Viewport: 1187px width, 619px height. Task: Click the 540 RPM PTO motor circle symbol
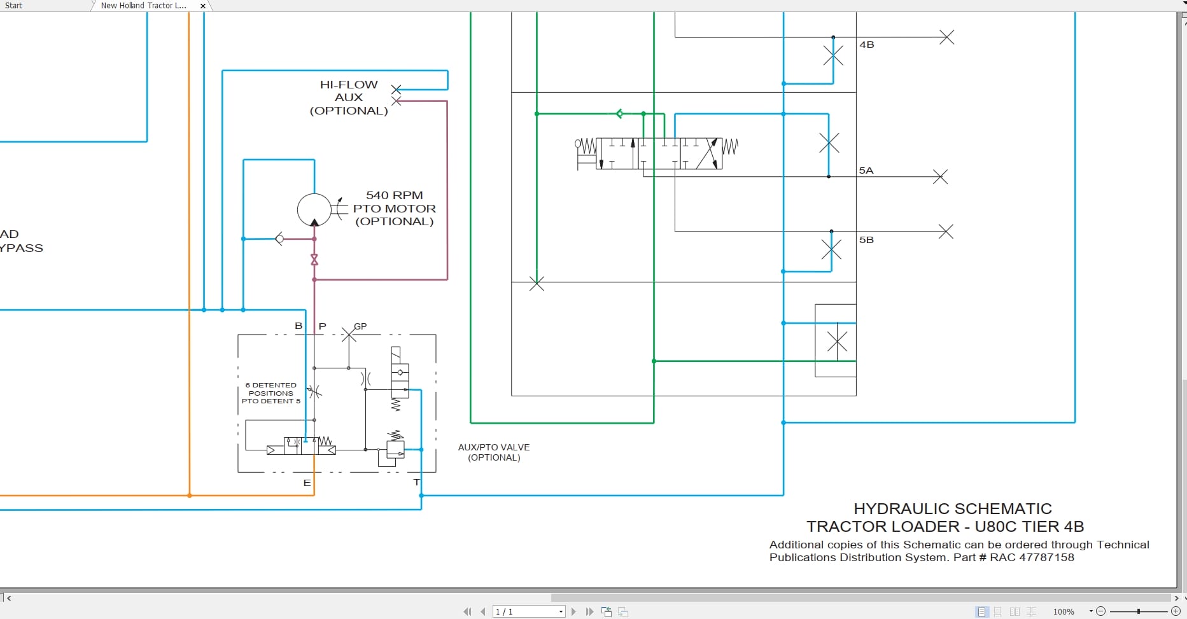click(314, 209)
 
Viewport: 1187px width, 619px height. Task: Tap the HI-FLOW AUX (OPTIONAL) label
click(349, 97)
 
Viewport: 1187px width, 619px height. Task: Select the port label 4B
click(867, 45)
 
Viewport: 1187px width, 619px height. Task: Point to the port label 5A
click(866, 170)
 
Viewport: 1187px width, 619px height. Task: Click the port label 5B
click(866, 240)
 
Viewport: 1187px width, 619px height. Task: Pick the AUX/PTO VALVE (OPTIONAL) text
click(494, 452)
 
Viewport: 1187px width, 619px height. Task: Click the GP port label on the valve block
click(360, 326)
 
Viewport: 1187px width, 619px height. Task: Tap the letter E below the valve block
click(307, 483)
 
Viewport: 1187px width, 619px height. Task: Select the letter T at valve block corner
click(416, 482)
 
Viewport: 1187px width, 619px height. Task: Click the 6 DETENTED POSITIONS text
click(271, 389)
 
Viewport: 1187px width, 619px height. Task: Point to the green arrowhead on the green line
click(619, 114)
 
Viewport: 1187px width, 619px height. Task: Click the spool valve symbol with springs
click(656, 153)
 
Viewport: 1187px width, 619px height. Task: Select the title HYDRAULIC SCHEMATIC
click(952, 509)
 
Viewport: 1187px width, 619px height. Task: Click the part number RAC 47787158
click(1032, 557)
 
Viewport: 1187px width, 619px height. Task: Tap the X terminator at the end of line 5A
click(940, 176)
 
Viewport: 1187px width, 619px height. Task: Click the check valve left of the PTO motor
click(279, 239)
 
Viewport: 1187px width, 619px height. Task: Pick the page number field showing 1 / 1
click(528, 611)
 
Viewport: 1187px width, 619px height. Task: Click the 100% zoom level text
click(1064, 611)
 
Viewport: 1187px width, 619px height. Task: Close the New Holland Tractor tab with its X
click(203, 6)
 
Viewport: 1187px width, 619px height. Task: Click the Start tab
click(14, 6)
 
